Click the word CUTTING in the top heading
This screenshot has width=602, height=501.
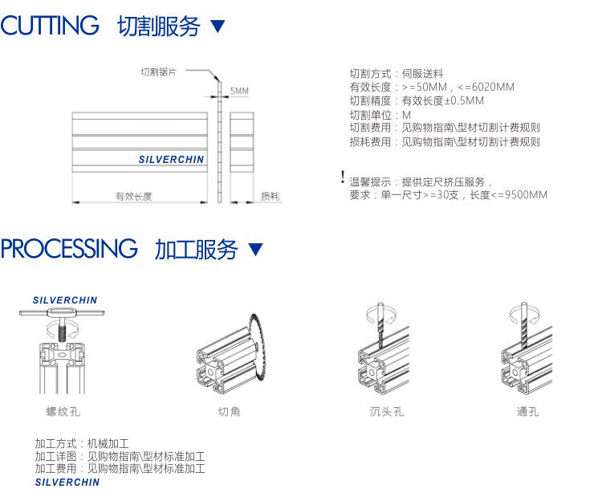pos(50,26)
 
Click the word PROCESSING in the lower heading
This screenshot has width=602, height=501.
pos(69,249)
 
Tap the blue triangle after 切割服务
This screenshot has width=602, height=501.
pos(218,26)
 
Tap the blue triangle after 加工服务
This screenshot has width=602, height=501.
pos(255,250)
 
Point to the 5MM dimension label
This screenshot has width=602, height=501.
pos(239,92)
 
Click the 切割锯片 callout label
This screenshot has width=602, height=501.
pos(158,71)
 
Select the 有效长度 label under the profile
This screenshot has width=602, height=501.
pos(134,196)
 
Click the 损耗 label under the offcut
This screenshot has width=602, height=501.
pos(270,196)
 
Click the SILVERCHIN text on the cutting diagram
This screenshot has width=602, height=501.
pos(171,160)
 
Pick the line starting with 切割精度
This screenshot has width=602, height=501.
pos(417,101)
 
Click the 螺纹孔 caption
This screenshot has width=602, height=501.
pos(63,412)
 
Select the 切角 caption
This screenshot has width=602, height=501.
pos(230,412)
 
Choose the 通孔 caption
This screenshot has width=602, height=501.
pos(528,412)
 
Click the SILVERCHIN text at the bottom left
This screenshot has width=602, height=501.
pos(67,483)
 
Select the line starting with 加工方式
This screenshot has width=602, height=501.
pos(81,444)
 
